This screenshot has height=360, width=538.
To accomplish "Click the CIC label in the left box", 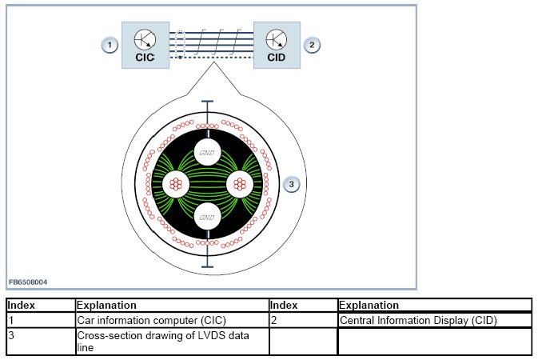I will pos(145,58).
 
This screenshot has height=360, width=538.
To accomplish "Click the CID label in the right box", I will pos(277,58).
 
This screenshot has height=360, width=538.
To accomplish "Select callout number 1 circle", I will pos(110,45).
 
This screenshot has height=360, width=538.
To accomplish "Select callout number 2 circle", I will pos(313,45).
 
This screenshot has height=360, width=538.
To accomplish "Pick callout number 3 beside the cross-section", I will pos(292,185).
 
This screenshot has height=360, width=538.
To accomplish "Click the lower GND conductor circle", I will pos(207,217).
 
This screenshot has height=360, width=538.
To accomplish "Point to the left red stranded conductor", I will pos(176,184).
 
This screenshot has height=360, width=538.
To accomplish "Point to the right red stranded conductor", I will pos(239,184).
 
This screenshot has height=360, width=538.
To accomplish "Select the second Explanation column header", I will pos(368,305).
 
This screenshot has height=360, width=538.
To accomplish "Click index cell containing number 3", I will pos(11,334).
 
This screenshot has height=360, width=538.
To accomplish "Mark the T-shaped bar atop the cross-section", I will pos(207,105).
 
